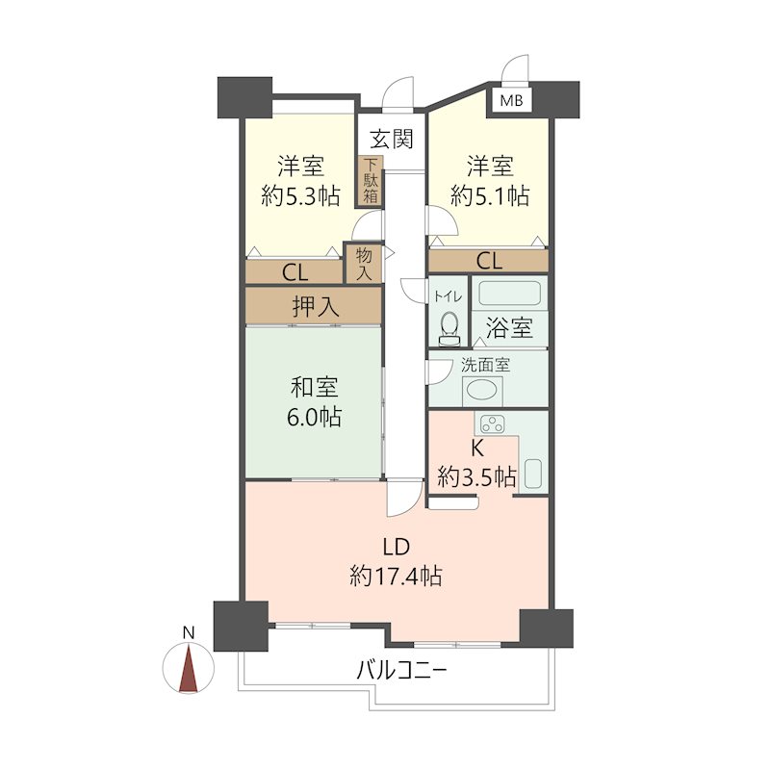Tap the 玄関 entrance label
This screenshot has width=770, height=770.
393,140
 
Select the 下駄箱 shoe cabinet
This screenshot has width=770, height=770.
371,181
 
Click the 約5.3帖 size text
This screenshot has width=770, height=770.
300,196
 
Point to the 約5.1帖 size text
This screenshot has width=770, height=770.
490,196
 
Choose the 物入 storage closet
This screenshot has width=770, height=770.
363,263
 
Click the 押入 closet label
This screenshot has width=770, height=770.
316,307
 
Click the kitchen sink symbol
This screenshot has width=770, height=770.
535,473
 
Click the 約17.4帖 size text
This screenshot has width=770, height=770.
397,577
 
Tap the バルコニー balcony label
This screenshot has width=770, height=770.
401,671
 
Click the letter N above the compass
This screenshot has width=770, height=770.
190,632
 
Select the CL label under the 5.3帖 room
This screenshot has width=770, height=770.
295,272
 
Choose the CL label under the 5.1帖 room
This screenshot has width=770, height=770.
489,260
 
